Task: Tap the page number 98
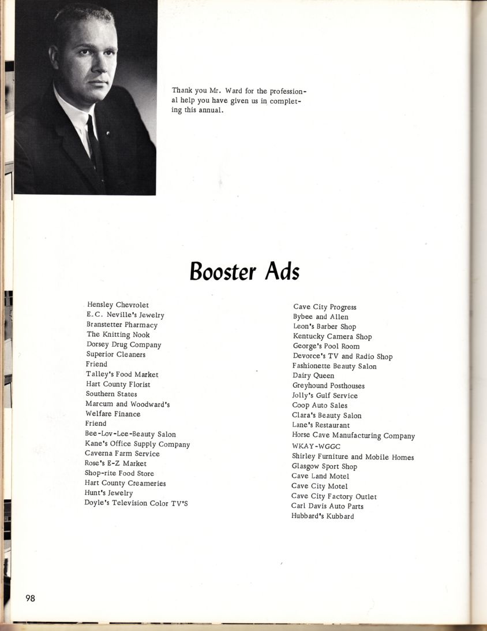click(x=30, y=598)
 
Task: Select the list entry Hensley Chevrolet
click(x=118, y=305)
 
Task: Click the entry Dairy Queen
click(x=313, y=376)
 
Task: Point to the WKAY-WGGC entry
click(x=316, y=447)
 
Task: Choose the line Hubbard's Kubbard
click(x=323, y=516)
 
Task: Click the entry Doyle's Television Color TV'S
click(x=136, y=503)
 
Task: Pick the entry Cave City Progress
click(x=324, y=307)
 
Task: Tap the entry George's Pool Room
click(x=326, y=346)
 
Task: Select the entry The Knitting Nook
click(x=118, y=335)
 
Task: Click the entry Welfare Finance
click(x=113, y=414)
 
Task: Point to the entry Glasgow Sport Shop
click(x=324, y=466)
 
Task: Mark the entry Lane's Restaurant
click(x=321, y=425)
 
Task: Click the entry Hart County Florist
click(x=118, y=384)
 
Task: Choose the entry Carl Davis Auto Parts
click(x=327, y=506)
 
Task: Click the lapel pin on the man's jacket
click(x=107, y=133)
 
